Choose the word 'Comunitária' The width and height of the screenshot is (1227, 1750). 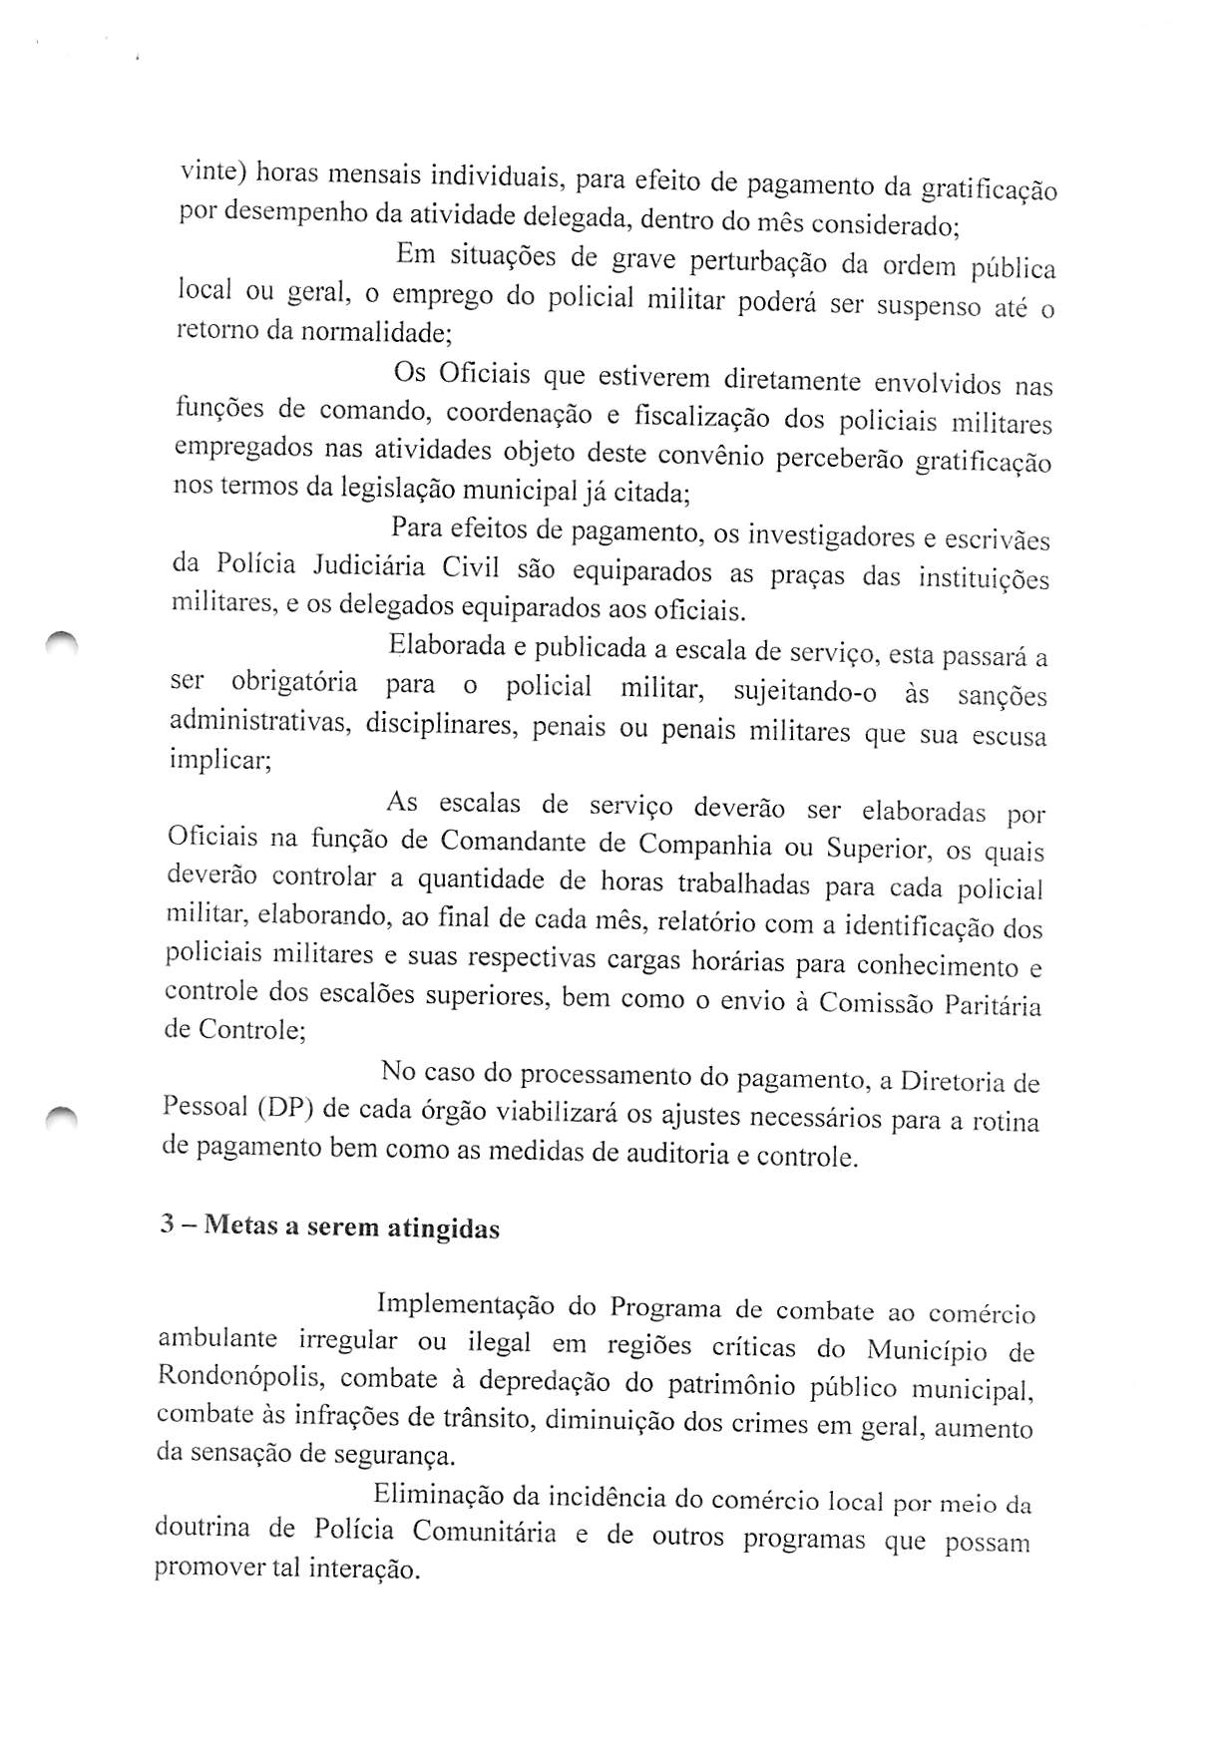click(485, 1531)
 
